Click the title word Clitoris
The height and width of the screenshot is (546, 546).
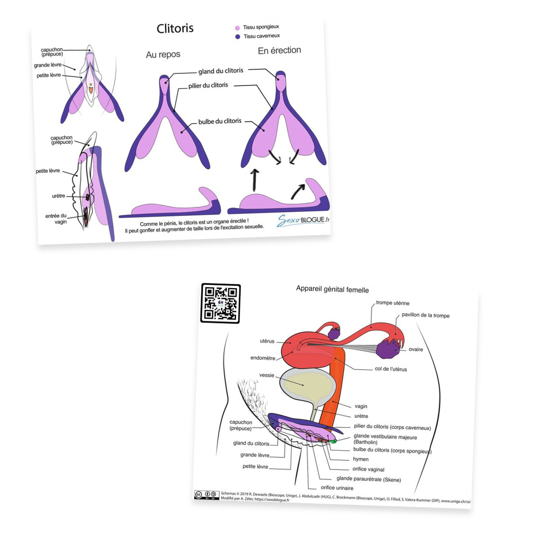(175, 28)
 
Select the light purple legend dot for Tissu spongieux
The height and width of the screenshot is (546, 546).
(237, 28)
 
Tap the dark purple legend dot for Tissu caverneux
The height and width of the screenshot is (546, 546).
(238, 36)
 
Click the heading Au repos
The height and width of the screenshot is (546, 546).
(163, 55)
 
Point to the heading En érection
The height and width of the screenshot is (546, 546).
(279, 51)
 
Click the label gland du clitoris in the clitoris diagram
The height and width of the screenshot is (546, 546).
(220, 71)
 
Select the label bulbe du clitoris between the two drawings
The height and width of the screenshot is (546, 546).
(220, 121)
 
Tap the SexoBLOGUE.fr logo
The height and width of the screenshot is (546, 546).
(303, 220)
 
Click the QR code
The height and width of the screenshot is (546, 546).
(220, 303)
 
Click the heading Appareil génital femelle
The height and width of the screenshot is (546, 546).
(332, 289)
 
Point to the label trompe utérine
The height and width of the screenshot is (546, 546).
(392, 303)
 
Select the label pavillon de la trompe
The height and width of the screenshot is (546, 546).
(425, 315)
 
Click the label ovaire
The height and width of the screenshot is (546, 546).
(416, 349)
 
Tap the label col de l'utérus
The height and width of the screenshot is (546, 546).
(391, 369)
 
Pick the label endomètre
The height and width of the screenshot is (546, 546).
(263, 358)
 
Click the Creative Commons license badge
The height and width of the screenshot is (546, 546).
(207, 495)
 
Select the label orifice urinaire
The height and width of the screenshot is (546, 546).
(337, 488)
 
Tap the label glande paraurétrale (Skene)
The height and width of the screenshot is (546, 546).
(369, 479)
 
